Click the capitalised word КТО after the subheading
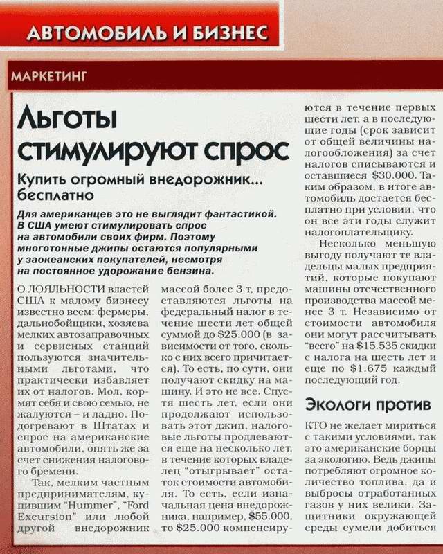coord(317,426)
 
